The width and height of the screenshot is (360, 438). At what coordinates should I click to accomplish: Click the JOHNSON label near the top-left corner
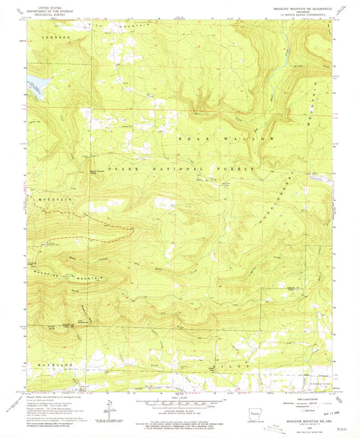coord(57,38)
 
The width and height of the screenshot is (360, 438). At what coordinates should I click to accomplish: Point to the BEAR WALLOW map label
coord(226,138)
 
